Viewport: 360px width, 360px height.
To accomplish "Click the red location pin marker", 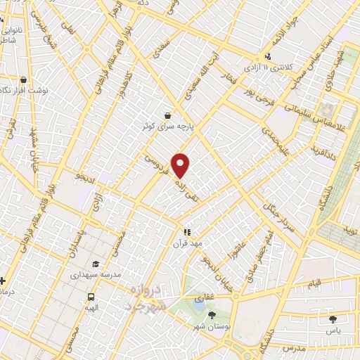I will (x=181, y=165).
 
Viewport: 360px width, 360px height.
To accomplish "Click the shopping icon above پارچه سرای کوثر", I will (x=167, y=115).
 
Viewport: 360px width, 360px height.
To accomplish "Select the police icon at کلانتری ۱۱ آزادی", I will (x=268, y=57).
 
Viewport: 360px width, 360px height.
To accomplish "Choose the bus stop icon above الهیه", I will (x=91, y=297).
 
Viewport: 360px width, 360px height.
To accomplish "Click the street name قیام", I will (x=316, y=282).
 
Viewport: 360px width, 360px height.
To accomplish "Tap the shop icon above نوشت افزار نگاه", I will (x=24, y=79).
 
